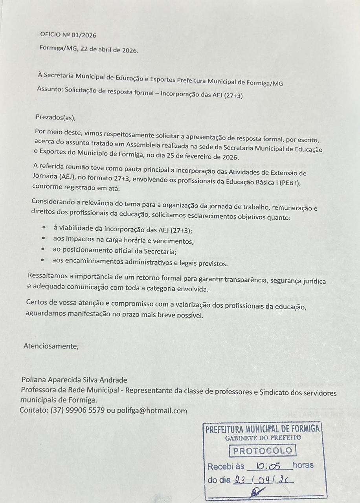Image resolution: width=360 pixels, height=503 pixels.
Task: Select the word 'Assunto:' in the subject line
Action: (50, 89)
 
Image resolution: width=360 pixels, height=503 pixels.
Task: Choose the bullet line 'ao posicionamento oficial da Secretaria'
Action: (114, 251)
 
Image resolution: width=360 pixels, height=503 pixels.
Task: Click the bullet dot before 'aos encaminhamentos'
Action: (43, 260)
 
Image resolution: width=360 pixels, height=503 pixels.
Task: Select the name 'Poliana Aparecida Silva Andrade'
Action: (74, 380)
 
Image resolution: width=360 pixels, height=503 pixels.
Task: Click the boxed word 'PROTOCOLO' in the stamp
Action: (263, 451)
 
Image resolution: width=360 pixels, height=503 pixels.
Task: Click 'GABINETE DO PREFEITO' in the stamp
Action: (263, 437)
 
